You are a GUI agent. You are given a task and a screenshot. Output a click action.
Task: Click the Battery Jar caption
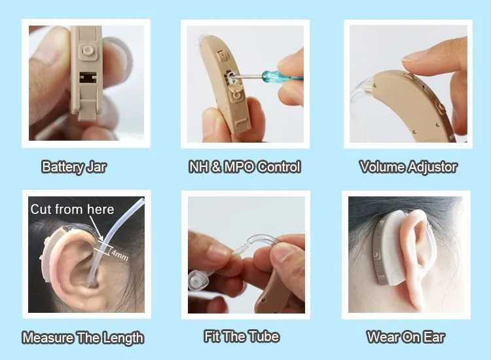[74, 167]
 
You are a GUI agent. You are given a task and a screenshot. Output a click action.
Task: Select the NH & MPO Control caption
[244, 167]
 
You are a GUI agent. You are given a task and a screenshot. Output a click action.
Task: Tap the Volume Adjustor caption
[408, 167]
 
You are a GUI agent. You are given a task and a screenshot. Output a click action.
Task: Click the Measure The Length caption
[82, 338]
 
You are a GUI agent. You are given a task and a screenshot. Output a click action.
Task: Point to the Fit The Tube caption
[242, 336]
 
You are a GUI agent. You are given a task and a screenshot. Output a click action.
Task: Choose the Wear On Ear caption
[406, 337]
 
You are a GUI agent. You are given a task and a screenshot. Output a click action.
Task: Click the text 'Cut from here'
[72, 209]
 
